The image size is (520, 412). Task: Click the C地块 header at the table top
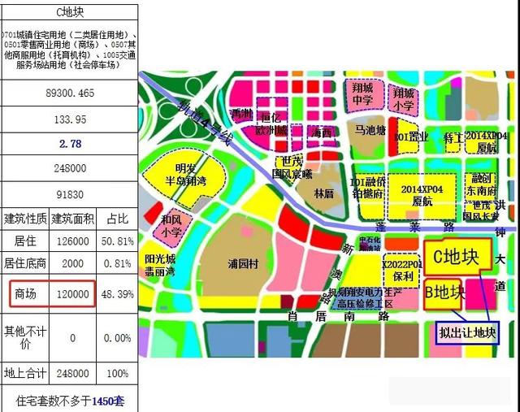pyautogui.click(x=70, y=12)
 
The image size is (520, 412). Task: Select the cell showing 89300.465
pyautogui.click(x=70, y=93)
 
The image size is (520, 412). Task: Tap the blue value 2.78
pyautogui.click(x=70, y=144)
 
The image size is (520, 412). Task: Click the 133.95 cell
pyautogui.click(x=70, y=119)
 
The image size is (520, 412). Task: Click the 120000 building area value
pyautogui.click(x=73, y=293)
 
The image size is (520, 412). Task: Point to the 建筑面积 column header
pyautogui.click(x=73, y=219)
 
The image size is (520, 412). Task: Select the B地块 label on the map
pyautogui.click(x=445, y=293)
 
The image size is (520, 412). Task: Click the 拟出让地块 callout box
pyautogui.click(x=466, y=332)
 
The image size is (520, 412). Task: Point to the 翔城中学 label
pyautogui.click(x=362, y=93)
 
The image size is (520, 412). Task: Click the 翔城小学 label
pyautogui.click(x=404, y=98)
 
